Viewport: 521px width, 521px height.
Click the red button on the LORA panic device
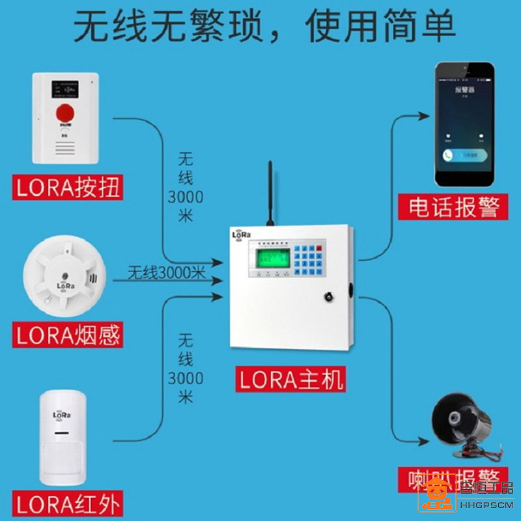point(64,109)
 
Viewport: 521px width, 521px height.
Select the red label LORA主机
point(290,379)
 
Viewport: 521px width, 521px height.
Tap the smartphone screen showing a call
point(464,124)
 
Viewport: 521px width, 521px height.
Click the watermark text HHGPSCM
point(486,505)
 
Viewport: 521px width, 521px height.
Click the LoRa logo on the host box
point(242,235)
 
